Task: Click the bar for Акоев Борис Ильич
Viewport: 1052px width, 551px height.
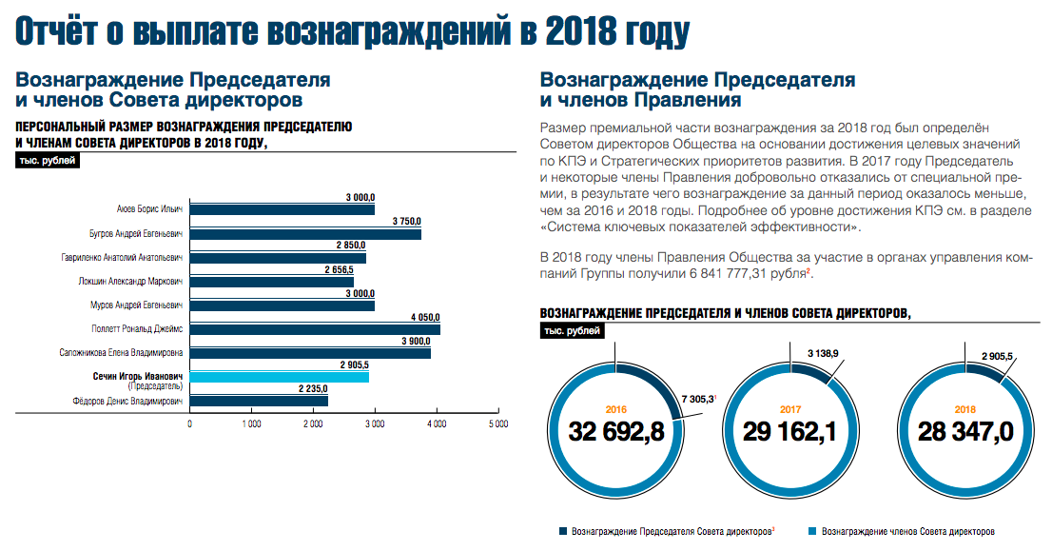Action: pyautogui.click(x=282, y=209)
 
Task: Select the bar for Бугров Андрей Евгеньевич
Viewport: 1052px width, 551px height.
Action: pyautogui.click(x=305, y=234)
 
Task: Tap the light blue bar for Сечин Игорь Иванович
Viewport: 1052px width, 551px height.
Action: pyautogui.click(x=280, y=377)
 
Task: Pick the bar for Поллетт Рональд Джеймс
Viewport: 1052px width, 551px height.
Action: pyautogui.click(x=315, y=329)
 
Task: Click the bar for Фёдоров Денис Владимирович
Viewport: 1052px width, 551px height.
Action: pyautogui.click(x=259, y=401)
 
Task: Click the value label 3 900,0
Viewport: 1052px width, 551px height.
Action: pyautogui.click(x=416, y=342)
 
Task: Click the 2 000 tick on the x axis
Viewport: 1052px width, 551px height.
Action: pyautogui.click(x=313, y=423)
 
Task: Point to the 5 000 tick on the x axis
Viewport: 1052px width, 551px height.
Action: pyautogui.click(x=497, y=423)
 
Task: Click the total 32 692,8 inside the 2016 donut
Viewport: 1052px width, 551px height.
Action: pyautogui.click(x=616, y=431)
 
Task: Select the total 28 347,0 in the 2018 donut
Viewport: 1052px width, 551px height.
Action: pyautogui.click(x=964, y=431)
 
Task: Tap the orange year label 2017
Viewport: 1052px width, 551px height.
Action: pyautogui.click(x=790, y=408)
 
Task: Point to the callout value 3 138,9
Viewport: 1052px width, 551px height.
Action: pyautogui.click(x=824, y=353)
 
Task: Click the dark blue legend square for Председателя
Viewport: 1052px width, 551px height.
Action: pyautogui.click(x=563, y=531)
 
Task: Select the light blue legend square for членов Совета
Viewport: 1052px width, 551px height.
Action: pyautogui.click(x=812, y=531)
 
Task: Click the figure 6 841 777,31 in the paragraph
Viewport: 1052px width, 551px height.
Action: pyautogui.click(x=719, y=273)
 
